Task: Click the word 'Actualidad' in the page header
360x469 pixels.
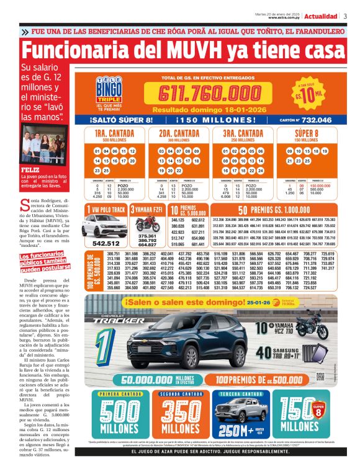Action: [x=321, y=16]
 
